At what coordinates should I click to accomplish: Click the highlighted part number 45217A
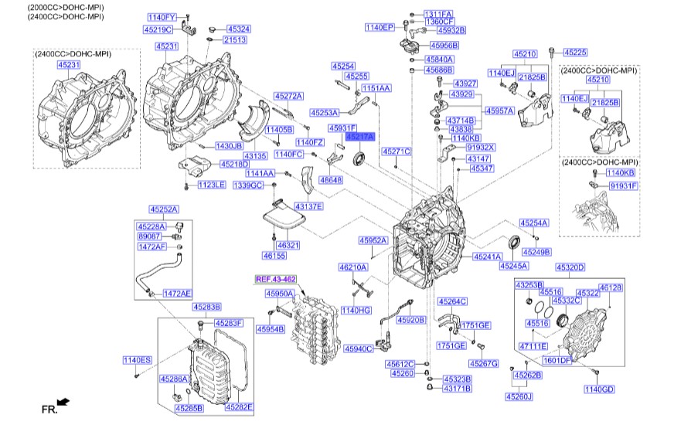pos(359,137)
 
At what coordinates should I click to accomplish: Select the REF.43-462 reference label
pos(276,278)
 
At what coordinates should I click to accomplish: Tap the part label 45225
pos(574,53)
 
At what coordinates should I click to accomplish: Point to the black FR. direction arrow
pos(63,402)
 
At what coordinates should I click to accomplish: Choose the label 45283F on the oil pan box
pos(229,323)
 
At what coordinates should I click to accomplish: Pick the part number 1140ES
pos(138,360)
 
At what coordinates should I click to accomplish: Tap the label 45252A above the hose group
pos(164,209)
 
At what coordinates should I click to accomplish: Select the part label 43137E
pos(308,206)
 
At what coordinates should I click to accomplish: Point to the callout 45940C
pos(359,348)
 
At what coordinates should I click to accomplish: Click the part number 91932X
pos(481,147)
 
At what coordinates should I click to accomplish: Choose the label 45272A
pos(288,96)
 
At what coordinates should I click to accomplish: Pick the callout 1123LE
pos(210,185)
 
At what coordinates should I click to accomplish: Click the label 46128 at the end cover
pos(611,287)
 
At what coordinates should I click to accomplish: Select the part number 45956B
pos(444,46)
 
